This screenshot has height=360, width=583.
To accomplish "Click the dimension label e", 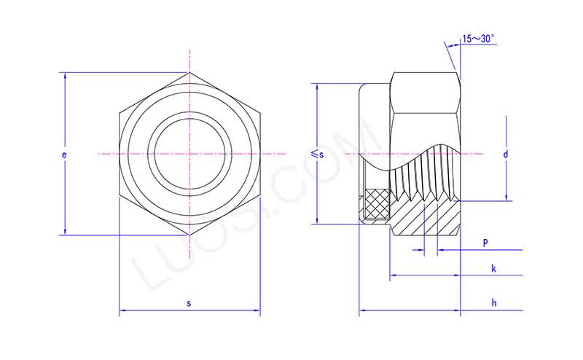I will [x=64, y=155].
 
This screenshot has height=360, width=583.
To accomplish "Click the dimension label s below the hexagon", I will [x=189, y=302].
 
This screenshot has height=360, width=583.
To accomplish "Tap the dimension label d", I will [x=505, y=154].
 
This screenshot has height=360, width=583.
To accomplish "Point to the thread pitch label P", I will [x=485, y=241].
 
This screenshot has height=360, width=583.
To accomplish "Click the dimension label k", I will [x=493, y=268].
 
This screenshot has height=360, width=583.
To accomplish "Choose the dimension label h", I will [x=493, y=302].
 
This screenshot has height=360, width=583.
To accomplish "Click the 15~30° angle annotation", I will [x=478, y=39].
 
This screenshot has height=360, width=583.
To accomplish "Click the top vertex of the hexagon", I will [x=189, y=72].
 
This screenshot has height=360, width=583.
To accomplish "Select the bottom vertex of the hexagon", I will [x=189, y=235].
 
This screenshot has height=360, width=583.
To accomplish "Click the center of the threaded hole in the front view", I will [x=189, y=154].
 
